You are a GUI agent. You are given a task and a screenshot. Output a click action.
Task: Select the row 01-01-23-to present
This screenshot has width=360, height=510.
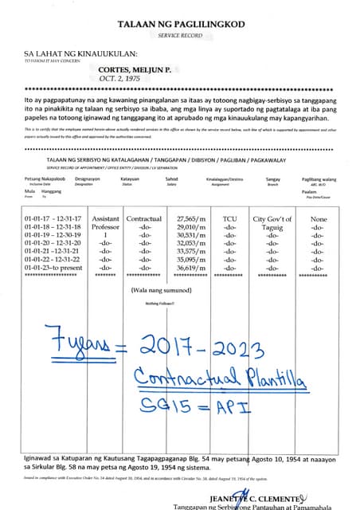pos(53,269)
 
